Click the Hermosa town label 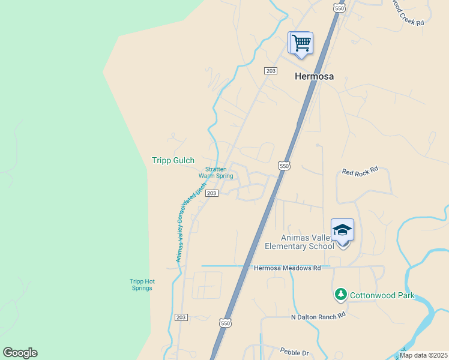coord(313,76)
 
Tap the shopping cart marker coord(300,43)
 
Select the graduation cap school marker coord(342,231)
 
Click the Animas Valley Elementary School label coord(299,242)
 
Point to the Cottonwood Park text coord(382,295)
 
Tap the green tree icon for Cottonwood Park coord(340,294)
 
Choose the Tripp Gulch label coord(173,160)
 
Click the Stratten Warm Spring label coord(215,173)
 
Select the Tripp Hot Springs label coord(142,284)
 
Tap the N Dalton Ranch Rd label coord(318,316)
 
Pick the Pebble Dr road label coord(294,350)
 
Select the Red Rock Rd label coord(360,171)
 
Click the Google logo coord(20,352)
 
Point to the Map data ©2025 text coord(423,355)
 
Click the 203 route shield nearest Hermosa coord(270,71)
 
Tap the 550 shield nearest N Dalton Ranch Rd coord(225,323)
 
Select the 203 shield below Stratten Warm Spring coord(211,193)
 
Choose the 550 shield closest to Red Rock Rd coord(284,166)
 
